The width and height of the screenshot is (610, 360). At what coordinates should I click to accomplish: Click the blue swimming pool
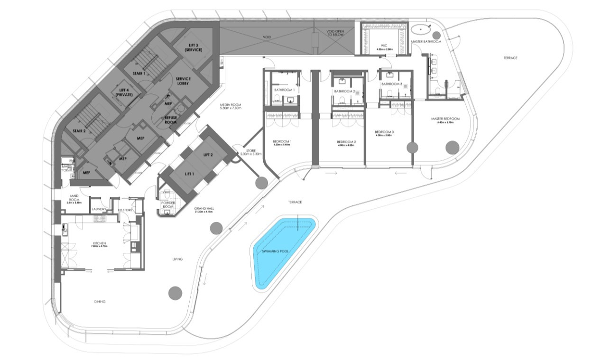[283, 251]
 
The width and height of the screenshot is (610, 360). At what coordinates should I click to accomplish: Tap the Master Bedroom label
[445, 119]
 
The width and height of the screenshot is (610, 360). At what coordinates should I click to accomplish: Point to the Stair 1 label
[139, 74]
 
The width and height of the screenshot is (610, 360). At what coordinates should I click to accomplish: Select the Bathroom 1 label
[284, 90]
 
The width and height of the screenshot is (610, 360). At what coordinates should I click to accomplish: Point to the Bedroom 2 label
[346, 142]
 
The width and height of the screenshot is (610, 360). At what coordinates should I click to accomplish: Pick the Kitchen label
[100, 244]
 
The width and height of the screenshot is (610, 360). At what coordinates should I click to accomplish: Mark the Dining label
[100, 302]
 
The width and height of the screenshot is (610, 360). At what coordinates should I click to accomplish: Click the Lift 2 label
[208, 155]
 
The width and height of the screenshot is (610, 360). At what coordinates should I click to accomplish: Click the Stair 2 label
[79, 131]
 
